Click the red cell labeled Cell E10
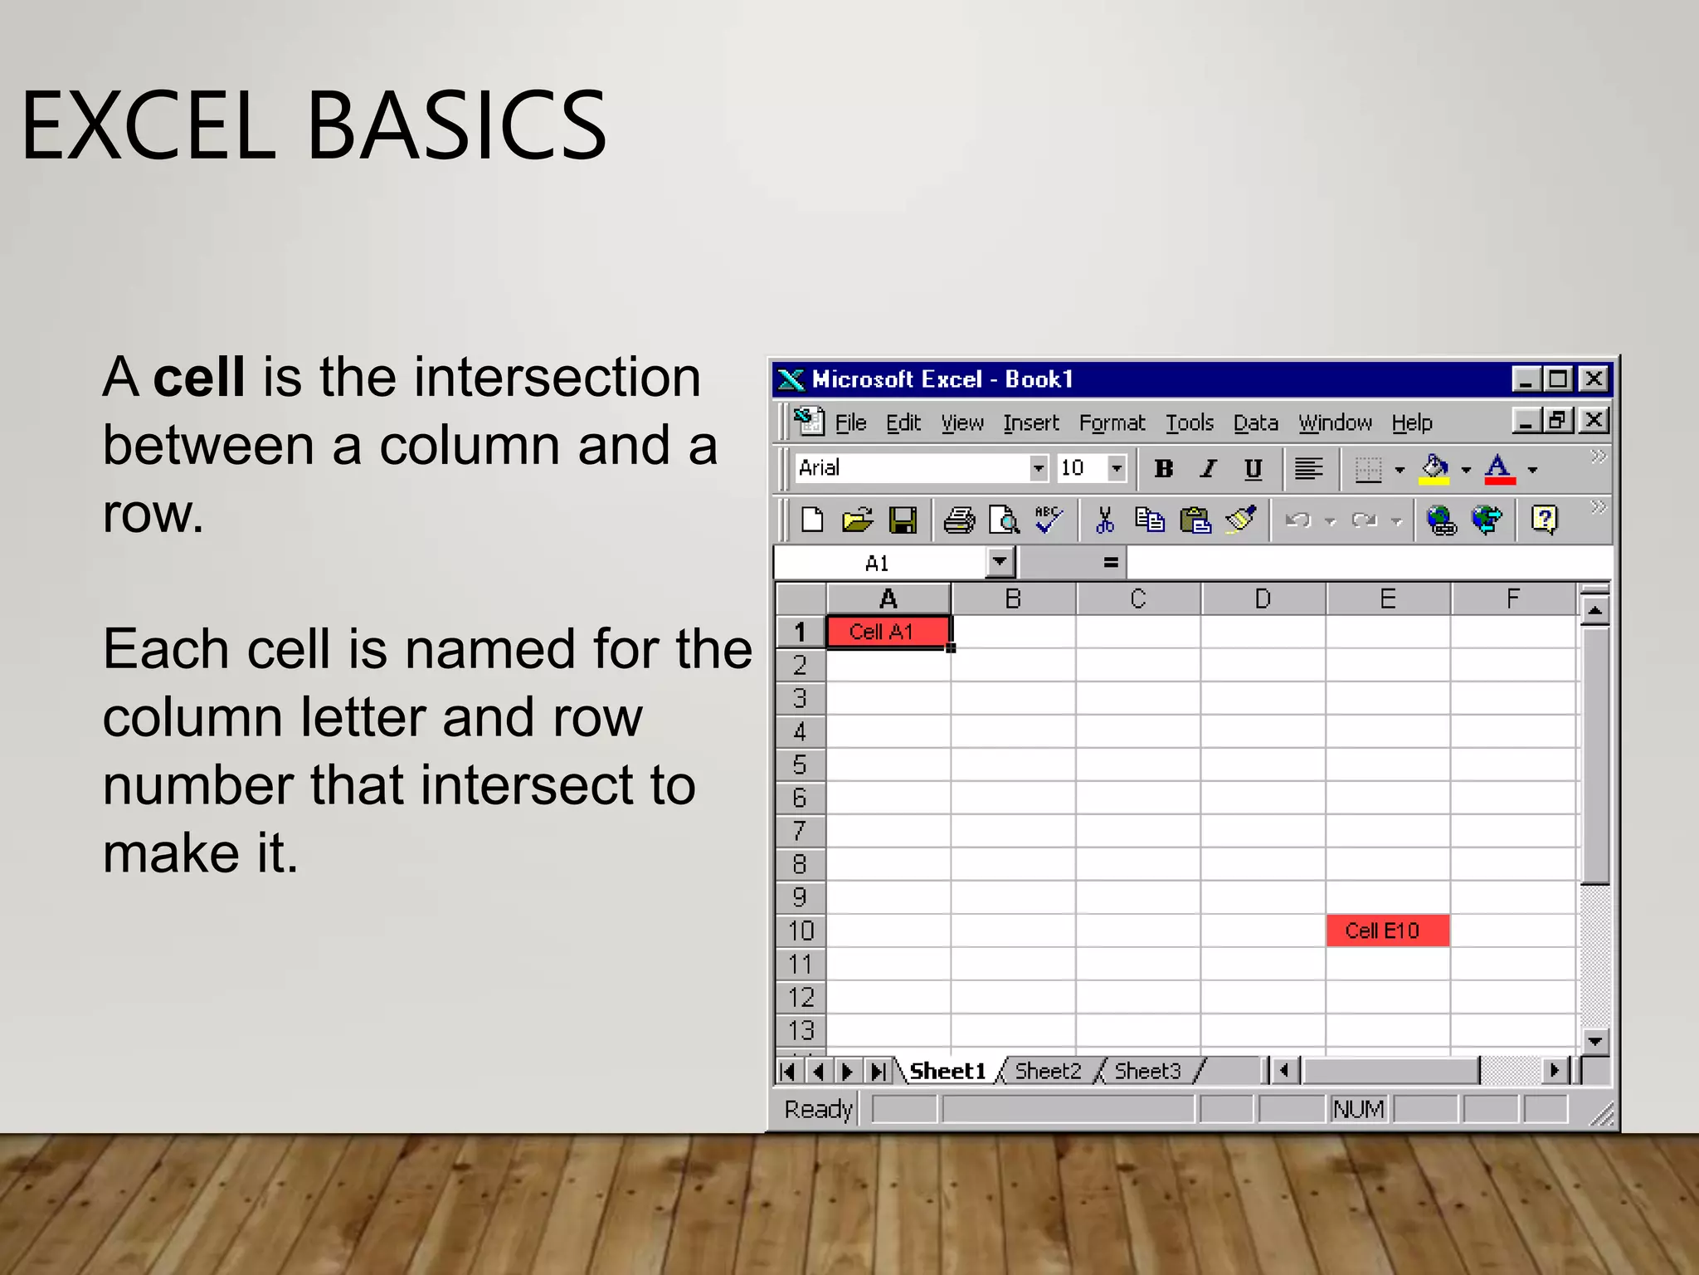click(1387, 931)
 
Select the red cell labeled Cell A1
click(888, 632)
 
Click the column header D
click(1263, 598)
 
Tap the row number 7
click(800, 831)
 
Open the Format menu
click(1111, 423)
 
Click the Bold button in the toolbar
click(1163, 469)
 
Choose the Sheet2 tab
click(1048, 1071)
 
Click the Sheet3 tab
click(1147, 1071)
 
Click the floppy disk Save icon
click(903, 520)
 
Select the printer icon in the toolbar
click(959, 520)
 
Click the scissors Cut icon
click(1104, 520)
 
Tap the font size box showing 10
click(1081, 468)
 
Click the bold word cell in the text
click(199, 378)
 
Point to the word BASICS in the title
click(457, 126)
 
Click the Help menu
click(1411, 423)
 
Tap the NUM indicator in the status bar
click(1357, 1109)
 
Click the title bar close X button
click(1594, 379)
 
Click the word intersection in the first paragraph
click(557, 378)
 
